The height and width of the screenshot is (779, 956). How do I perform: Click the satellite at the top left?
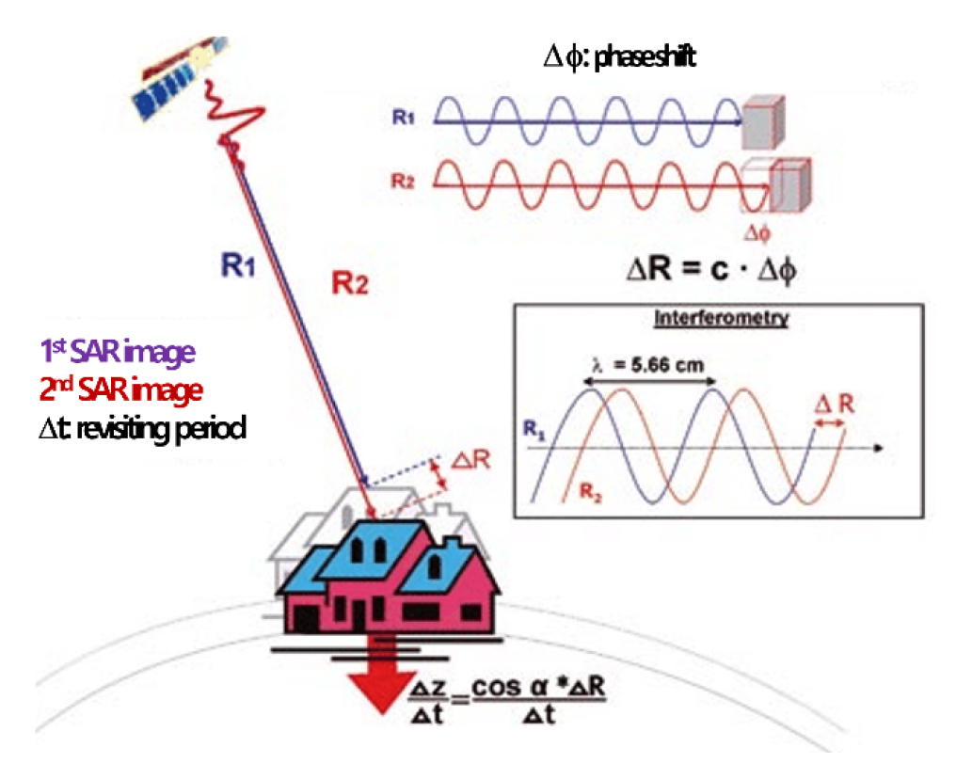pos(180,78)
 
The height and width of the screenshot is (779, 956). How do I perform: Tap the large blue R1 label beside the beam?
pos(238,265)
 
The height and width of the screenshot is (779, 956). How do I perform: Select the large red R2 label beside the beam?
pos(350,283)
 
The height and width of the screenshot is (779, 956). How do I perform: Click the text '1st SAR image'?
pos(118,352)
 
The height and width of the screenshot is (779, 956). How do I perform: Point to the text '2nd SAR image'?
pos(120,389)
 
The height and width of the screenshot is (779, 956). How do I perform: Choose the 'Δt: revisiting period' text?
pos(142,428)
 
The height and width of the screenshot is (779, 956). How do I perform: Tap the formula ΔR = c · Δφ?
pos(711,268)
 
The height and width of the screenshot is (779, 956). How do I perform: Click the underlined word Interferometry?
pos(722,318)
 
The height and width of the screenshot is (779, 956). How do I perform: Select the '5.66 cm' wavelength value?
pos(667,365)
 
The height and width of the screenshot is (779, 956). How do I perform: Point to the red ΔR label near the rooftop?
pos(470,460)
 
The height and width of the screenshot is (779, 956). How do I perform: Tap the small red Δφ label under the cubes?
pos(757,232)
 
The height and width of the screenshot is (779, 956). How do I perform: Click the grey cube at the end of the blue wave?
pos(763,122)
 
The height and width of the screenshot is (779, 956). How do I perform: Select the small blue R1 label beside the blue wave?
pos(403,117)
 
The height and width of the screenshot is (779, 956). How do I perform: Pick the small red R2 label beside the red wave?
pos(403,181)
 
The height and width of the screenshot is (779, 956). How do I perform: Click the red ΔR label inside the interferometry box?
pos(834,404)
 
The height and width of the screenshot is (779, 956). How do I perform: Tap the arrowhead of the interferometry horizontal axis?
pos(878,448)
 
